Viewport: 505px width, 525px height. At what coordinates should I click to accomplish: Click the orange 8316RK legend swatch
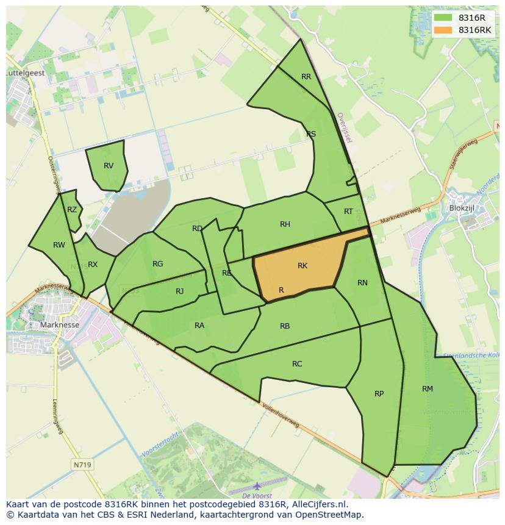click(443, 30)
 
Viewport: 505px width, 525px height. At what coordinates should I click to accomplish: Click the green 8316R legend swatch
click(443, 18)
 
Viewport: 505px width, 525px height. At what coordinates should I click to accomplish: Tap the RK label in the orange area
click(303, 266)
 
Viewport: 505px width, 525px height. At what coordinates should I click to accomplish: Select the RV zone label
click(109, 166)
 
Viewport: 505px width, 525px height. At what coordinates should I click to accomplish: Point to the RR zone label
click(306, 77)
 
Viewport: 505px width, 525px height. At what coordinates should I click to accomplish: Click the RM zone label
click(428, 389)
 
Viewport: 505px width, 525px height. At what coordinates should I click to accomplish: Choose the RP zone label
click(379, 394)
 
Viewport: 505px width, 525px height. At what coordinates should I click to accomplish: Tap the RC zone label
click(297, 364)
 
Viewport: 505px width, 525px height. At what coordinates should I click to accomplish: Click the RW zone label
click(59, 245)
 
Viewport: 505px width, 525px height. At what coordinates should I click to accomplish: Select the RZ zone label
click(72, 210)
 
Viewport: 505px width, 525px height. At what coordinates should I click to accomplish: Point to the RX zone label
click(93, 265)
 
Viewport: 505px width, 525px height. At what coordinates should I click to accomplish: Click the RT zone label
click(348, 212)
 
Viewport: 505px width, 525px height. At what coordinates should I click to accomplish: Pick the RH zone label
click(285, 224)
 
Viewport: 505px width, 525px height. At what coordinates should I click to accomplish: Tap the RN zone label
click(362, 282)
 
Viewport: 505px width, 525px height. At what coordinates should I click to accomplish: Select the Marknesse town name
click(59, 325)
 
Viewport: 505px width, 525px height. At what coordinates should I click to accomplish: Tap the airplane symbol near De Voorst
click(257, 486)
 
